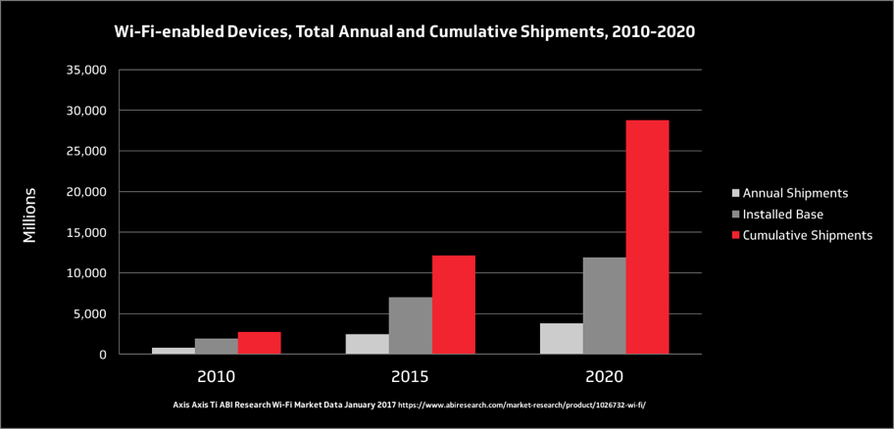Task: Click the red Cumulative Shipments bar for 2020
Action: [647, 237]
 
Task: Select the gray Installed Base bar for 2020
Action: [604, 306]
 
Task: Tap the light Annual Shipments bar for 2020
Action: [562, 339]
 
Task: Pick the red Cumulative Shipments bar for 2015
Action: [453, 305]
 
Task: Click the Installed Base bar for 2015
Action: [410, 325]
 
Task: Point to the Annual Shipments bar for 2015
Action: [368, 344]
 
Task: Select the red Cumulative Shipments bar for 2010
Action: [259, 343]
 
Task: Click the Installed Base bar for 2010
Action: [216, 346]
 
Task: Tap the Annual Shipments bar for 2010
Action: [174, 351]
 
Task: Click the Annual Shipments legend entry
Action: [796, 193]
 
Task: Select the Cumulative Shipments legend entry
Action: [807, 235]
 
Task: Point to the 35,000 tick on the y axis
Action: [86, 71]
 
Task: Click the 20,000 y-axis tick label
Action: [86, 192]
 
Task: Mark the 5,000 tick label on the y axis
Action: [89, 313]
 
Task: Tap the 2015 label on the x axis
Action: [410, 376]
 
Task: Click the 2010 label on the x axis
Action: [216, 376]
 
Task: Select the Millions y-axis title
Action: [30, 214]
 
